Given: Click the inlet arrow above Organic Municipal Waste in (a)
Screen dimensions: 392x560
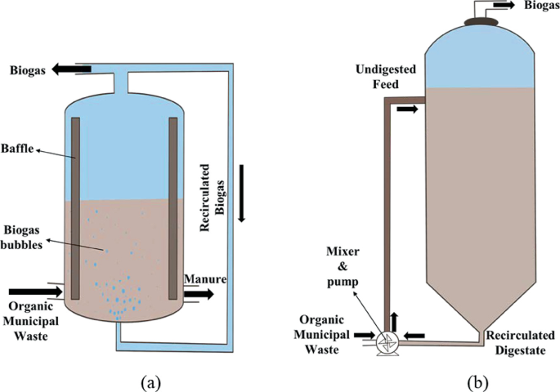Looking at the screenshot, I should tap(31, 291).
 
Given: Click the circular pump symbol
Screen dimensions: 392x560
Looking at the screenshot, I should tap(383, 344).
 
